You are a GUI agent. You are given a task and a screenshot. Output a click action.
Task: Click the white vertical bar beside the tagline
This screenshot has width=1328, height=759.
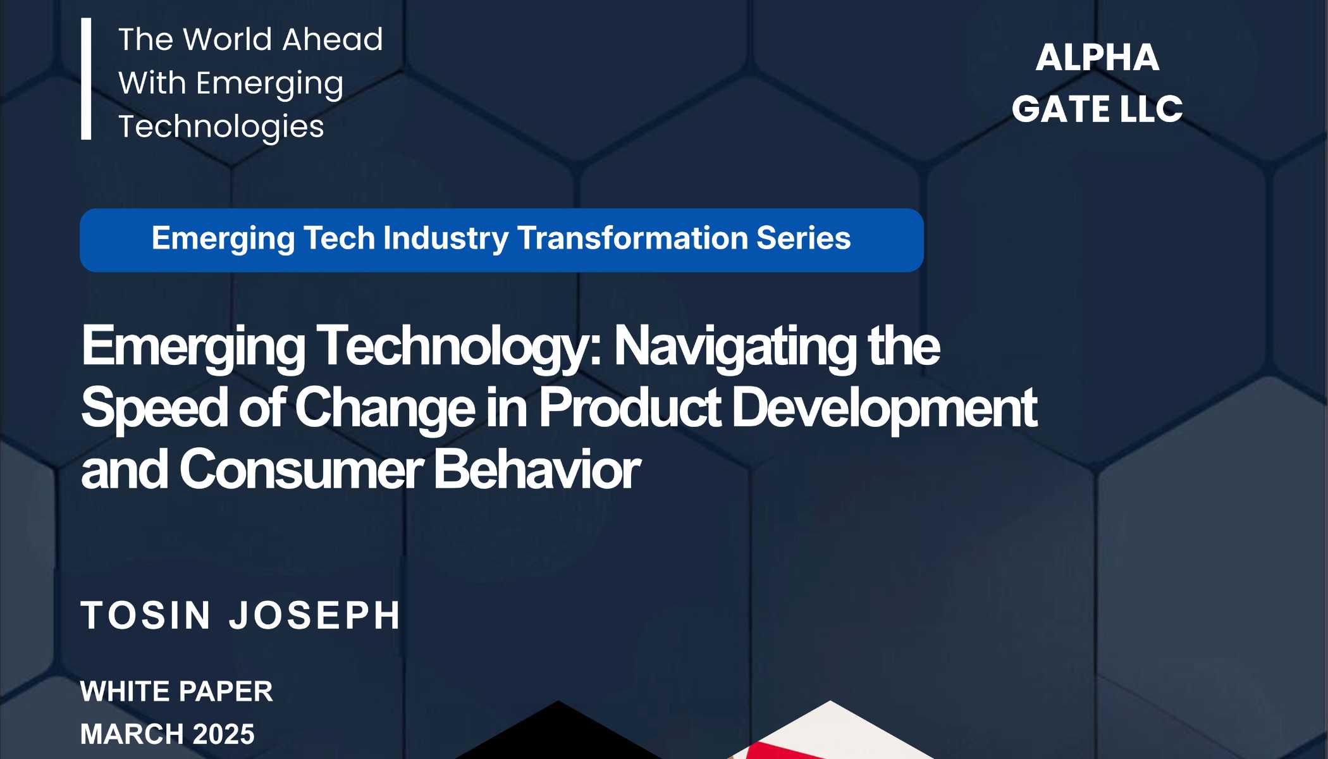click(86, 78)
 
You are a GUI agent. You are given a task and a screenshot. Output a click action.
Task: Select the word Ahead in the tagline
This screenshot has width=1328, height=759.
click(333, 39)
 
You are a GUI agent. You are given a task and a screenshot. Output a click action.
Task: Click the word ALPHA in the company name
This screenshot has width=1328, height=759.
click(1097, 58)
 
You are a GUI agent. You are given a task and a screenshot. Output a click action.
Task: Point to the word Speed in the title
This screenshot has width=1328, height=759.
click(154, 407)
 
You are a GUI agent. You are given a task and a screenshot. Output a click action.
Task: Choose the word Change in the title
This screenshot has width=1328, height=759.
click(384, 407)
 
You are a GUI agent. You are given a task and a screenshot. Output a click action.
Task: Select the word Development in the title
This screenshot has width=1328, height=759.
click(884, 407)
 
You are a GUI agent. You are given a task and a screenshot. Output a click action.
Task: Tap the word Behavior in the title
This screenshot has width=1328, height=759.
click(537, 469)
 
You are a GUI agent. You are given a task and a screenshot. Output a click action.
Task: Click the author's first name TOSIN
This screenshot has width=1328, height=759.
click(146, 615)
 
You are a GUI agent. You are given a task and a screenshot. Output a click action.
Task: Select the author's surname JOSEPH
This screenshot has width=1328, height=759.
click(315, 615)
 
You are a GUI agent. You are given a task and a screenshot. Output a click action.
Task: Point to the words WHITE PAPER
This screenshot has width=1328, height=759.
click(176, 691)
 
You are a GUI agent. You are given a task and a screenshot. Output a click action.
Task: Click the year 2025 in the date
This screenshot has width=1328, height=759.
click(223, 734)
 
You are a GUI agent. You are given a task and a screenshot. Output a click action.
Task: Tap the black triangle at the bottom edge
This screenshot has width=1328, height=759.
click(558, 734)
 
